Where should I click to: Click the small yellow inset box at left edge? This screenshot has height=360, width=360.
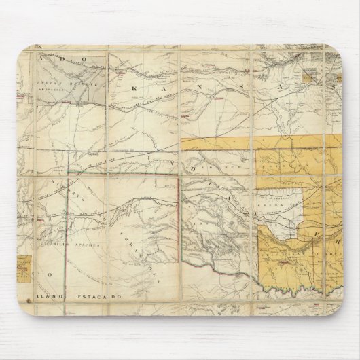point(24,264)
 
